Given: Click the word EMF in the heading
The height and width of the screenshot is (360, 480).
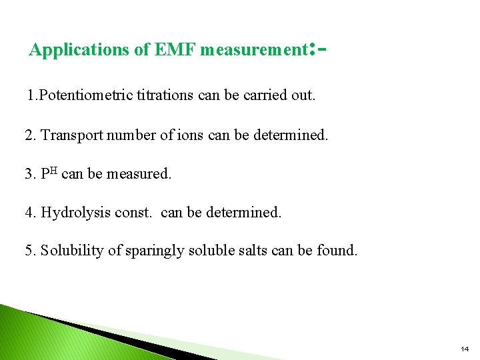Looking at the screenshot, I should coord(175,50).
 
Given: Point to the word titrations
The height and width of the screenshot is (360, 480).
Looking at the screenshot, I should coord(167,95).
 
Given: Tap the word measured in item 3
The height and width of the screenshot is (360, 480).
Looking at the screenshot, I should coord(138,174).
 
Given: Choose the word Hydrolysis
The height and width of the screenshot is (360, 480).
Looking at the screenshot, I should coord(72,213).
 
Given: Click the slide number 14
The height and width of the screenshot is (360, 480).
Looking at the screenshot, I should coord(465,349).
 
